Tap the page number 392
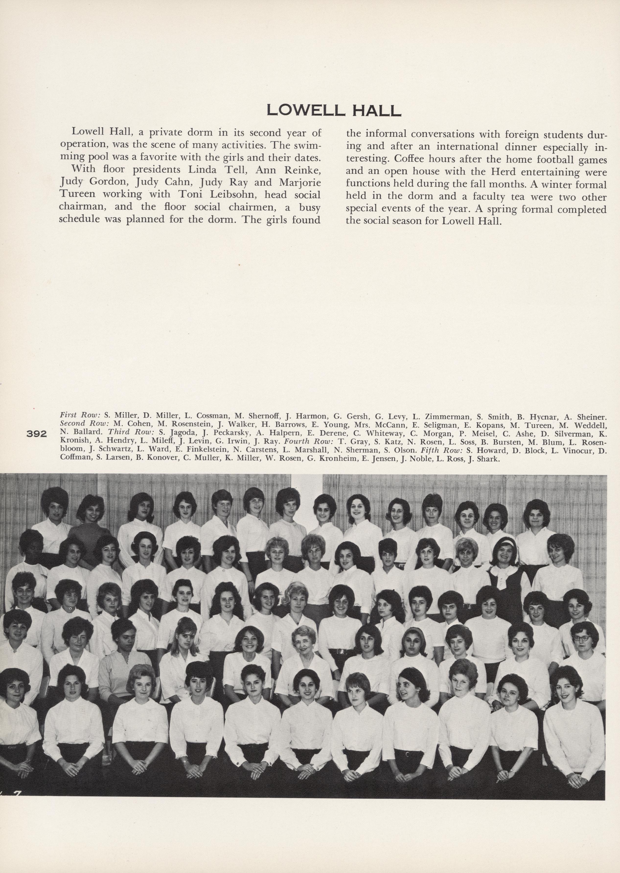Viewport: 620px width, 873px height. (37, 434)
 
